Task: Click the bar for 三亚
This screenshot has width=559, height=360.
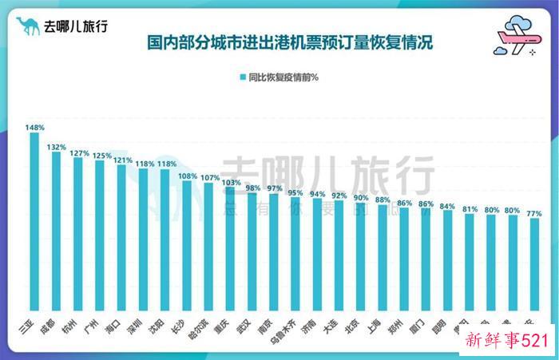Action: click(34, 224)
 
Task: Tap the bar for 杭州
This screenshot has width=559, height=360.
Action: click(78, 235)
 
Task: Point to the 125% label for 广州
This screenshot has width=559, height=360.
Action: click(101, 156)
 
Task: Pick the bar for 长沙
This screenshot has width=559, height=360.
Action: click(186, 247)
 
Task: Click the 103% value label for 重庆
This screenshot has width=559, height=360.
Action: click(230, 183)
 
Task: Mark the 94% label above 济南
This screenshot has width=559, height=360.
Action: click(317, 193)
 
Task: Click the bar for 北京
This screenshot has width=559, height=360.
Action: click(360, 259)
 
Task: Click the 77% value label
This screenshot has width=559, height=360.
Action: click(534, 214)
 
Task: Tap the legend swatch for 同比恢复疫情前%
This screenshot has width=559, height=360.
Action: click(241, 77)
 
